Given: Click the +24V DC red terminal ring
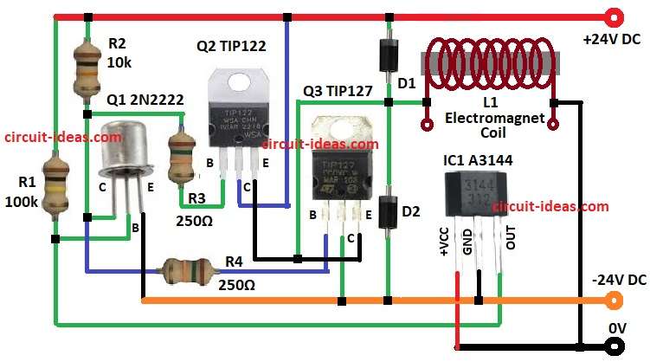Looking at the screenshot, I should pyautogui.click(x=615, y=16).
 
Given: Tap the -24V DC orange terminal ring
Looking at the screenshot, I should pyautogui.click(x=615, y=301).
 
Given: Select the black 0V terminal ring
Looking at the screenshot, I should pyautogui.click(x=615, y=347).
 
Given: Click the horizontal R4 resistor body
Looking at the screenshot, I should pyautogui.click(x=185, y=272).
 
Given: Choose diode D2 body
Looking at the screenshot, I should pyautogui.click(x=387, y=214).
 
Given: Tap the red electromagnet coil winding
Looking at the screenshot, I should pyautogui.click(x=490, y=63).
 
